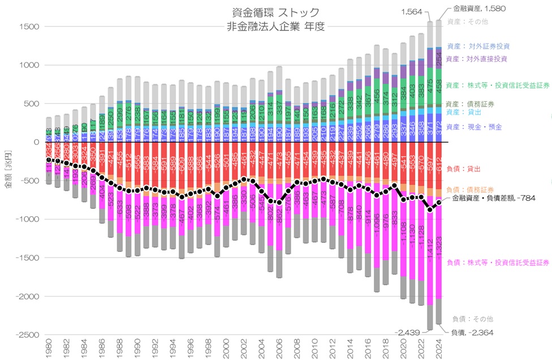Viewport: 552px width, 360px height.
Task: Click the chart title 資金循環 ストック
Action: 275,12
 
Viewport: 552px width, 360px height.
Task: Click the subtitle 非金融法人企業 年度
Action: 275,27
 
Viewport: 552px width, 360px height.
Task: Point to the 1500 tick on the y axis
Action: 29,27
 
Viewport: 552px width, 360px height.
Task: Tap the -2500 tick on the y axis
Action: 27,335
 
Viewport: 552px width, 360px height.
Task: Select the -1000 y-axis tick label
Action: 27,220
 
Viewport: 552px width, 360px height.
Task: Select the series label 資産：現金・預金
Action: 474,127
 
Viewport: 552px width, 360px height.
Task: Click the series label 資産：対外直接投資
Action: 476,59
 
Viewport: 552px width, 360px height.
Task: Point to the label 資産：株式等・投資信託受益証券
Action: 497,85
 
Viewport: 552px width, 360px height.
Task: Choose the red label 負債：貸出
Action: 462,169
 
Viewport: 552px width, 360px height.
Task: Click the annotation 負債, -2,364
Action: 472,332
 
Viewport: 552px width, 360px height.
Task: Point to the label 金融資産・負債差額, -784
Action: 494,199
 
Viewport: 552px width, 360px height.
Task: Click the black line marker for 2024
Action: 439,203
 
